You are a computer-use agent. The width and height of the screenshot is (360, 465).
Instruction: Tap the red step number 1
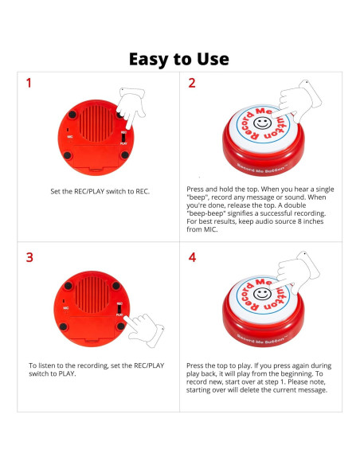29,83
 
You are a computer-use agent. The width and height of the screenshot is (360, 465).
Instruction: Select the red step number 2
192,83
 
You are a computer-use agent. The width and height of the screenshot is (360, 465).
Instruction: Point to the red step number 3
29,257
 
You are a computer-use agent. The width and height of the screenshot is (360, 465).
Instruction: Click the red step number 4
192,257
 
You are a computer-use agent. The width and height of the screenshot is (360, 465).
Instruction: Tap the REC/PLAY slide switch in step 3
120,307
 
